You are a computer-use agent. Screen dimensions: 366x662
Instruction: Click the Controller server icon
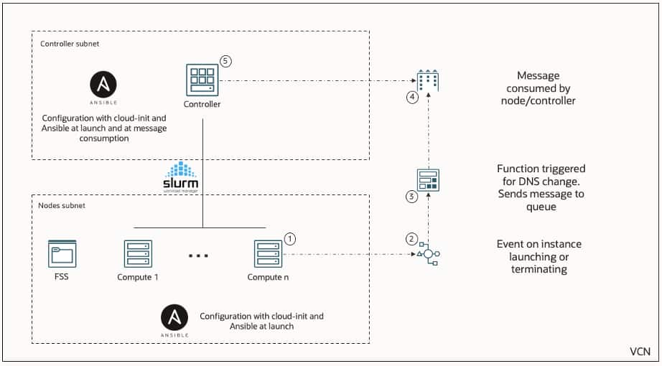pos(202,80)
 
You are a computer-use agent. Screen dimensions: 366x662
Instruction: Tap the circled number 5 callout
pos(225,62)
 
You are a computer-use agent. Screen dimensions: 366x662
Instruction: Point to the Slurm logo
pos(181,176)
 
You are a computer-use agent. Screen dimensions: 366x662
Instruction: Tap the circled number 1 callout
pos(290,238)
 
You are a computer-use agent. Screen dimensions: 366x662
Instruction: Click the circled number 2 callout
pos(411,238)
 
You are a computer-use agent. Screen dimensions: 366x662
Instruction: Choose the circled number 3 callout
pos(411,197)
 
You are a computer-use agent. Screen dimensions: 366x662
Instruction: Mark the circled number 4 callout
pos(412,98)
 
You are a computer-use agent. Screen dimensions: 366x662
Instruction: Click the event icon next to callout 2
pos(429,254)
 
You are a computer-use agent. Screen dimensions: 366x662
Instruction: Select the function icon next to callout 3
pos(429,179)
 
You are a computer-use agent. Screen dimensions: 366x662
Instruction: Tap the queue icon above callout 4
pos(429,81)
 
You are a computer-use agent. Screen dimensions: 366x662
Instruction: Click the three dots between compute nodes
pos(199,255)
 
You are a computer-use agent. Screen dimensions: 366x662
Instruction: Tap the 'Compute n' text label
pos(267,277)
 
